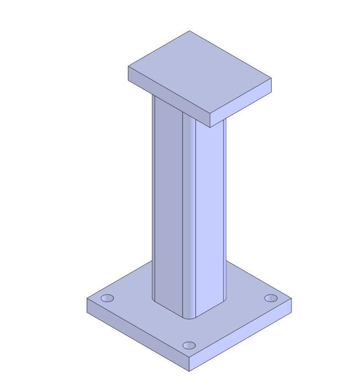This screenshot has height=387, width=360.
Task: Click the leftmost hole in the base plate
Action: pyautogui.click(x=107, y=299)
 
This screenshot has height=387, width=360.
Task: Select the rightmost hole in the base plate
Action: pyautogui.click(x=271, y=298)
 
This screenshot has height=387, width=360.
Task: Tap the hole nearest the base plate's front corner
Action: pyautogui.click(x=189, y=346)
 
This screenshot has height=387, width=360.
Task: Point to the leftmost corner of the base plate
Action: pyautogui.click(x=87, y=299)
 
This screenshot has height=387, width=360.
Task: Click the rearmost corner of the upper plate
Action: pyautogui.click(x=189, y=31)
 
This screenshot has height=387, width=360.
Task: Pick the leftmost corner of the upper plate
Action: pyautogui.click(x=129, y=67)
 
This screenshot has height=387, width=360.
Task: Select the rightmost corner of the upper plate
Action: pyautogui.click(x=271, y=79)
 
